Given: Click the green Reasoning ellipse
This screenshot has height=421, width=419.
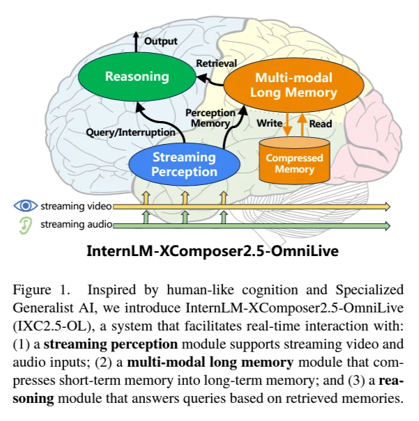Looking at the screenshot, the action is click(x=137, y=77).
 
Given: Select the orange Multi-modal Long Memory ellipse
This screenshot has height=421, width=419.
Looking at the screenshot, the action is click(x=294, y=85).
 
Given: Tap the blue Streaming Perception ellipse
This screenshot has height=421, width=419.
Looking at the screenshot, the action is click(x=184, y=164).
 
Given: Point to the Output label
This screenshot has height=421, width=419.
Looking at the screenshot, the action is click(x=161, y=41).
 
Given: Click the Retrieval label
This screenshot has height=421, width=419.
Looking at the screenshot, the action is click(x=217, y=63).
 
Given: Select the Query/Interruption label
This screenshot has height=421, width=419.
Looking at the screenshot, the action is click(x=130, y=132).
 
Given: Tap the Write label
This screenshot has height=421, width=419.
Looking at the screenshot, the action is click(x=270, y=123).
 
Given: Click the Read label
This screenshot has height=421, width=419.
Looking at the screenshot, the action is click(x=321, y=124).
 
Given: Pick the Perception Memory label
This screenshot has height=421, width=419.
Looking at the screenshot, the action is click(x=211, y=118).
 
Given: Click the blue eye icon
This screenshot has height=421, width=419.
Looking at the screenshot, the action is click(x=26, y=206).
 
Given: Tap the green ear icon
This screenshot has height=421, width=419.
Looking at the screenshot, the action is click(x=25, y=225).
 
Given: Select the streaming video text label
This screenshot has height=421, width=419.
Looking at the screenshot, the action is click(x=76, y=206).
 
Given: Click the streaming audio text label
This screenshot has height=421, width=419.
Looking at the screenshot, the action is click(x=77, y=224).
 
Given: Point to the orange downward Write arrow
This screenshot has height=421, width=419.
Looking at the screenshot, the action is click(x=287, y=125).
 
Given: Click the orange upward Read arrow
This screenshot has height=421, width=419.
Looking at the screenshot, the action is click(x=303, y=125).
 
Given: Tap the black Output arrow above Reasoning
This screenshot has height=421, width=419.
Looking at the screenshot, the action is click(x=136, y=42).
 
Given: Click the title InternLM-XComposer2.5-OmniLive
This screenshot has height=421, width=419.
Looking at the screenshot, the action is click(x=213, y=251).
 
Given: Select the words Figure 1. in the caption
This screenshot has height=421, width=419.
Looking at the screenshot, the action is click(x=42, y=290).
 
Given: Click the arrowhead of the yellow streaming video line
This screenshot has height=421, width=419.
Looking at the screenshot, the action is click(x=388, y=207).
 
